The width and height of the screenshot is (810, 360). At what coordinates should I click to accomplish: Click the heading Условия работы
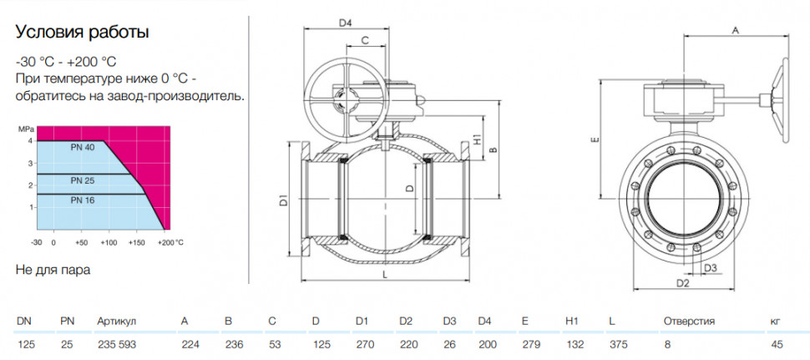click(82, 33)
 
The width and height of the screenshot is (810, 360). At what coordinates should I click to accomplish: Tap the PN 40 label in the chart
click(83, 148)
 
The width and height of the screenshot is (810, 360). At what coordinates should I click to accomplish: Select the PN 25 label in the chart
click(83, 181)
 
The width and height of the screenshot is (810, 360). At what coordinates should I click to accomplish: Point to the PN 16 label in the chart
click(83, 200)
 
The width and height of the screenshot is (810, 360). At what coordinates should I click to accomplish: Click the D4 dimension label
click(345, 23)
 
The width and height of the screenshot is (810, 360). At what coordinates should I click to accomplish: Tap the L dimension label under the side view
click(385, 276)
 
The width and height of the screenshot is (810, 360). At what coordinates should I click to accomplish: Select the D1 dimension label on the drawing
click(283, 201)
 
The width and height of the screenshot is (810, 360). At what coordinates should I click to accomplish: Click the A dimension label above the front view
click(737, 30)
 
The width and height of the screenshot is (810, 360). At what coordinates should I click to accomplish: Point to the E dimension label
click(595, 139)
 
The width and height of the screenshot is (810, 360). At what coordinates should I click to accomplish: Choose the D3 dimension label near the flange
click(711, 267)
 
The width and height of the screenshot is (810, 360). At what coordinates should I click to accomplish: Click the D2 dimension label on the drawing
click(683, 283)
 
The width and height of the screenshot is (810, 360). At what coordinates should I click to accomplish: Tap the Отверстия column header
click(689, 322)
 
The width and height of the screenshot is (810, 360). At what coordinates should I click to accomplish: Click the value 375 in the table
click(619, 344)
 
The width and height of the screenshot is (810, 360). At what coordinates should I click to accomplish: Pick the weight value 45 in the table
click(777, 344)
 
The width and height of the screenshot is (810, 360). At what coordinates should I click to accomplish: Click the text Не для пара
click(53, 270)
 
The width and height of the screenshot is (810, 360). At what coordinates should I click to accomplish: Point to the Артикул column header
click(116, 322)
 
